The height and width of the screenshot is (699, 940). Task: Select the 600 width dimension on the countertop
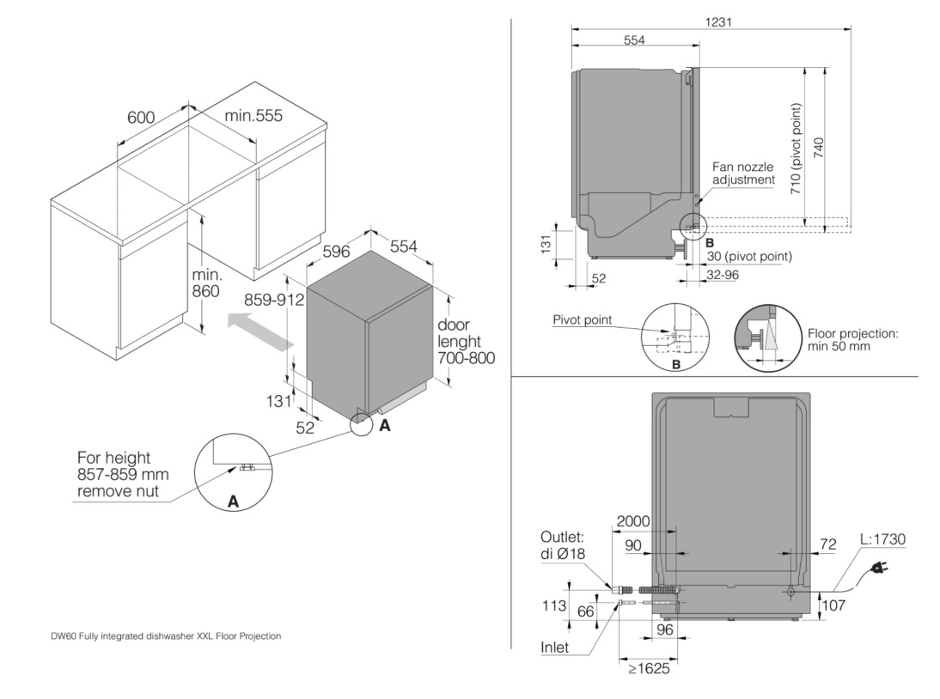[142, 118]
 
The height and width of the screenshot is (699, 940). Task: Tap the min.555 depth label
[253, 116]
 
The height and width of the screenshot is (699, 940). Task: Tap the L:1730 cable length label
[882, 539]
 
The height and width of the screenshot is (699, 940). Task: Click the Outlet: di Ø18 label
[564, 544]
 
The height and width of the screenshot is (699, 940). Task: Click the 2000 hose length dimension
[632, 521]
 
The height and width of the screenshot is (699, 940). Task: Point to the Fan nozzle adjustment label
[744, 173]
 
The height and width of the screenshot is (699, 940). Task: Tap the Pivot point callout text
[583, 320]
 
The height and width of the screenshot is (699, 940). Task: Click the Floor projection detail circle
[767, 336]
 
